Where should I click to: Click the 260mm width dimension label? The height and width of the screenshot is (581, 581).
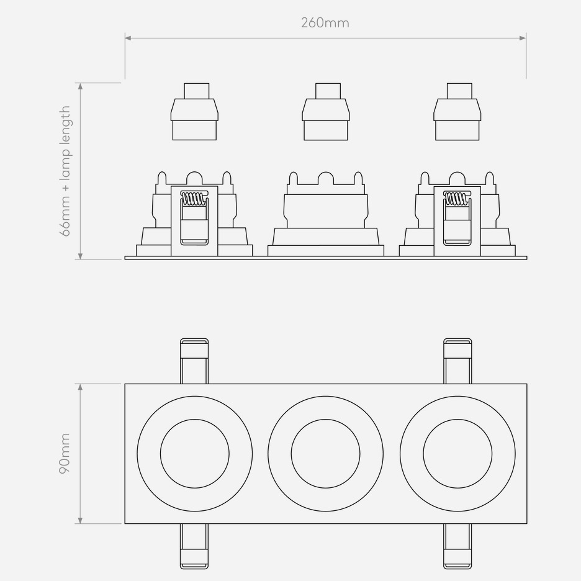(x=325, y=23)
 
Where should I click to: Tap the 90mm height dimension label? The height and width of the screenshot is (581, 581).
(x=65, y=453)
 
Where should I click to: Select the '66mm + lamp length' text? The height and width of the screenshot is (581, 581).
(x=65, y=171)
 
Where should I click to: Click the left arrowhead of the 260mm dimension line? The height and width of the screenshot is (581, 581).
(x=128, y=38)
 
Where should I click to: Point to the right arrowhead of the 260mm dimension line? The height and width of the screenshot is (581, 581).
(x=523, y=38)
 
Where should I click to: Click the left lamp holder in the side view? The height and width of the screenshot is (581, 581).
(x=194, y=112)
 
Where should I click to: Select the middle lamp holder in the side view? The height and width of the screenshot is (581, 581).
(x=326, y=112)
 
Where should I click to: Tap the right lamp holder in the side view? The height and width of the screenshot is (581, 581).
(x=457, y=112)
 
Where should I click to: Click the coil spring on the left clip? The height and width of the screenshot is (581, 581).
(x=194, y=198)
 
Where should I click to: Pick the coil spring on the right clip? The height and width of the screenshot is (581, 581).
(x=457, y=198)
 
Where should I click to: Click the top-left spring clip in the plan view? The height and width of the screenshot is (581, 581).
(x=194, y=361)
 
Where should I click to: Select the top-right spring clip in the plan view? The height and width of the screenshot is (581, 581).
(x=457, y=361)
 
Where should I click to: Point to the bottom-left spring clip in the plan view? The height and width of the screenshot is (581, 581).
(x=194, y=546)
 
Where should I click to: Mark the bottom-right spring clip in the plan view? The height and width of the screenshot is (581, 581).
(x=457, y=546)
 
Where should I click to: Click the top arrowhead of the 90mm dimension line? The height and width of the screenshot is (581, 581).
(x=80, y=387)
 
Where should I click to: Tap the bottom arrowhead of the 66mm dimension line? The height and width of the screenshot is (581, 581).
(x=80, y=256)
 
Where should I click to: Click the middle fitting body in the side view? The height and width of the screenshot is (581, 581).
(x=326, y=214)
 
